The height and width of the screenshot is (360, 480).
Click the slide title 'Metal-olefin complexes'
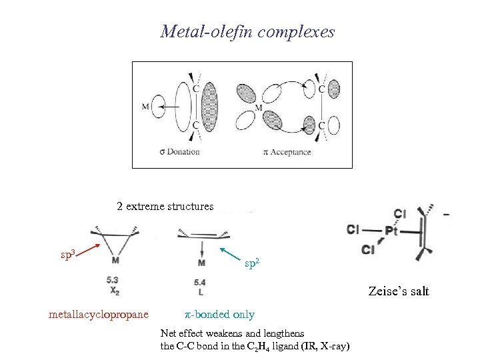[247, 31]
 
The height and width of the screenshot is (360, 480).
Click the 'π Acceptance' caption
[287, 152]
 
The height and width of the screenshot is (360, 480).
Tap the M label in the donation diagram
[146, 106]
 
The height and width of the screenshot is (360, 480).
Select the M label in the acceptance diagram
[258, 107]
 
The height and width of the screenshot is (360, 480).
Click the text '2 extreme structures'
[165, 207]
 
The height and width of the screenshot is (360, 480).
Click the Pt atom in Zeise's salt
[392, 231]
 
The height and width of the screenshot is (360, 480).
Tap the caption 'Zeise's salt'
[399, 291]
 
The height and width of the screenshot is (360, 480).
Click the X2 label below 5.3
[115, 291]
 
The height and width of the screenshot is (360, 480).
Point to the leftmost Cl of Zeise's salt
[353, 230]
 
